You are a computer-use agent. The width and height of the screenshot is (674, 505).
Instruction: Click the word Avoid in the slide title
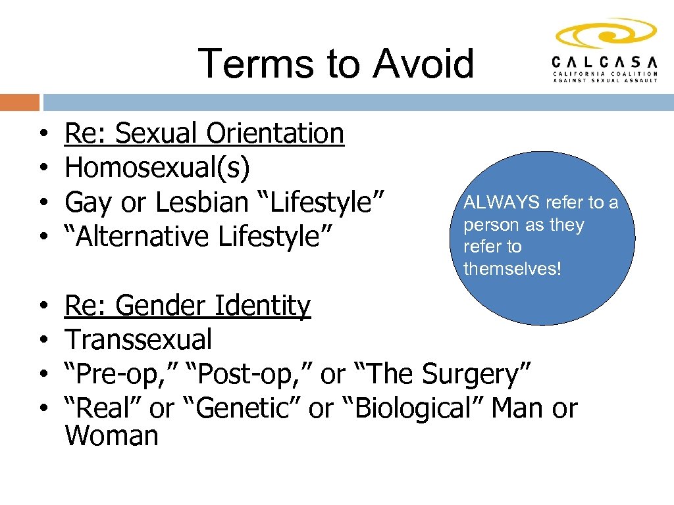pyautogui.click(x=423, y=64)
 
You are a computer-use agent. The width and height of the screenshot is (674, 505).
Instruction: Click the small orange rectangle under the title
pyautogui.click(x=20, y=103)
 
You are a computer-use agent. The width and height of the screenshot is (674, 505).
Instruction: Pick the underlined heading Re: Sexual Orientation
pyautogui.click(x=204, y=133)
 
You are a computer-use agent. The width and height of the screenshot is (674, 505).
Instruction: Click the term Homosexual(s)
pyautogui.click(x=157, y=168)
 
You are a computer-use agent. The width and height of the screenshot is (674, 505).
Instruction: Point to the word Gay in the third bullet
pyautogui.click(x=88, y=203)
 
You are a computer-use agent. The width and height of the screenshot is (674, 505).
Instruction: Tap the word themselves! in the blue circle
pyautogui.click(x=512, y=268)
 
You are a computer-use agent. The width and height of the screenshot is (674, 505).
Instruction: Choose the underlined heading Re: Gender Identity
pyautogui.click(x=188, y=306)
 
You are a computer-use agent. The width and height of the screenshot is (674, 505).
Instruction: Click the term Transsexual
pyautogui.click(x=139, y=340)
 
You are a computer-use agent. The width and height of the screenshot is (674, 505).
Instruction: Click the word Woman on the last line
pyautogui.click(x=111, y=436)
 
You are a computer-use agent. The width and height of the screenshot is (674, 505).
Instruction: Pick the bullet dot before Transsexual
pyautogui.click(x=43, y=341)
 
